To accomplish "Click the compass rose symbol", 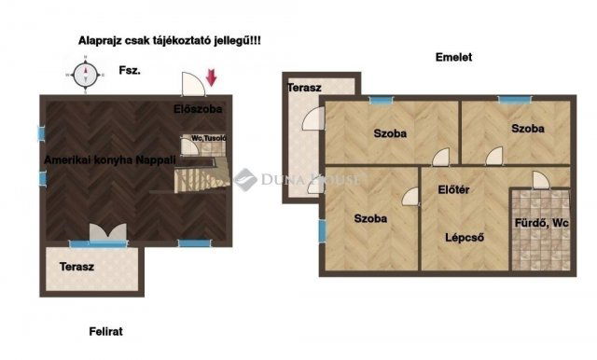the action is click(86, 75).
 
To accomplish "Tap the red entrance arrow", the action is click(212, 77).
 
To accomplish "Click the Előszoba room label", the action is click(198, 109).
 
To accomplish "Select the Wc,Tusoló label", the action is click(209, 138).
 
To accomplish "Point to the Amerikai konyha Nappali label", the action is click(110, 159).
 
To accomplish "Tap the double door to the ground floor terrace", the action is click(108, 231).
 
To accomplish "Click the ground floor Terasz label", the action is click(76, 267).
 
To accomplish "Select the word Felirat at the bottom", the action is click(105, 331).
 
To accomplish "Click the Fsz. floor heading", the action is click(130, 70).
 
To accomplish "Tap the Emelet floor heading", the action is click(453, 57).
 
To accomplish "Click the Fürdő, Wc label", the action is click(541, 223).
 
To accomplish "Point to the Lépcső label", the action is click(465, 238).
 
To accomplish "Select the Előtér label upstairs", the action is click(453, 189).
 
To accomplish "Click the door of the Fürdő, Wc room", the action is click(541, 180).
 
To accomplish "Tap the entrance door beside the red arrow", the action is click(193, 84).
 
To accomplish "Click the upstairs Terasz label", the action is click(304, 88).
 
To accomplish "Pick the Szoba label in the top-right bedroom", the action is click(528, 129).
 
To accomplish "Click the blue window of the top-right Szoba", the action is click(514, 100).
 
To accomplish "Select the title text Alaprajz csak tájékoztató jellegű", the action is click(170, 41).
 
